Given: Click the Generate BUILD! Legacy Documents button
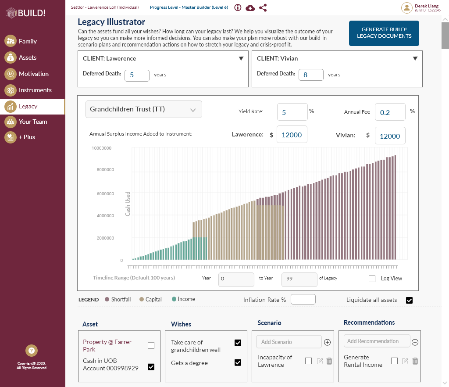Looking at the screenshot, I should pos(384,33).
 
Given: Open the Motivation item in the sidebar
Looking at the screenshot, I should pos(33,74).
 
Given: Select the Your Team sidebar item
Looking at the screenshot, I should pos(32,122).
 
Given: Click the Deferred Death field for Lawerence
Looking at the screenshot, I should pos(137,75).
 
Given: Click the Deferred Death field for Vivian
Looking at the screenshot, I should pos(311,75).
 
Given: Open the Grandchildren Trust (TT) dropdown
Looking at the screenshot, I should pos(143,109).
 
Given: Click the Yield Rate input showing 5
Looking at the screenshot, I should pos(292,112).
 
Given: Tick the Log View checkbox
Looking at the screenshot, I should pos(372,279).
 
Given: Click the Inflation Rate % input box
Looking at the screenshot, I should pos(303,299).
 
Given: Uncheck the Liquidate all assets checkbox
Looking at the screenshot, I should pos(410,300).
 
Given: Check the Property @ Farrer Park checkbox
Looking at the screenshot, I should pos(151,345).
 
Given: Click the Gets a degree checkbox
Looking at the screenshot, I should pos(238,362).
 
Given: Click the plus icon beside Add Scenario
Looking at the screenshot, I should pos(327,342).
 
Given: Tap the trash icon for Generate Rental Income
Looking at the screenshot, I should pos(415,361).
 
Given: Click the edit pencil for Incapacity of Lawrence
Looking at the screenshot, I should pos(320,361).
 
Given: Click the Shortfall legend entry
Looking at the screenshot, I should pos(118,299).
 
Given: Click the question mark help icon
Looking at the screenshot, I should pos(32,351).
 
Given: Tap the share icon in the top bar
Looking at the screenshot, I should pos(263,7).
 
